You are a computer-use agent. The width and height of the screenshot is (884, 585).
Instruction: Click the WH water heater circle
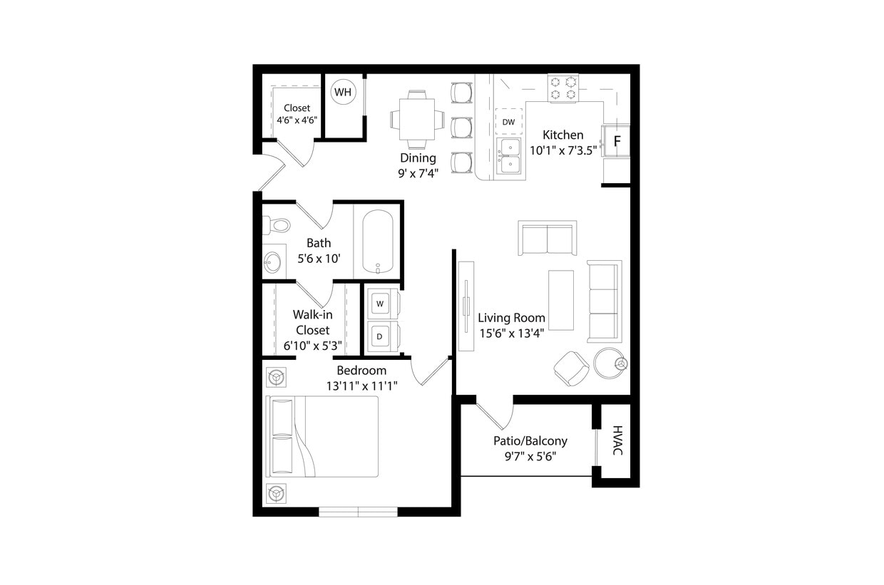point(343,93)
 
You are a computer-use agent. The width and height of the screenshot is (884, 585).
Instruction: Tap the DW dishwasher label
point(508,122)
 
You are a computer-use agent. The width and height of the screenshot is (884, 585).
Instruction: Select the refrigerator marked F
point(617,140)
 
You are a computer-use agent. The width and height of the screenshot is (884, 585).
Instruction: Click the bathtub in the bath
point(377,242)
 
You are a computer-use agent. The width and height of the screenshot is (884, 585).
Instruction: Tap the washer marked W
point(380,304)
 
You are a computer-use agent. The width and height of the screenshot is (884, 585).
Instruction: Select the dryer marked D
point(380,336)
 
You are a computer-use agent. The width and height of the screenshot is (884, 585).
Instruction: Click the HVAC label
point(617,441)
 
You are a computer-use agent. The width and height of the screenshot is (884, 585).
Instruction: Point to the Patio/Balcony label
point(530,440)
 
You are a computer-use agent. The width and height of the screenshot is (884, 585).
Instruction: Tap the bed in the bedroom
point(322,436)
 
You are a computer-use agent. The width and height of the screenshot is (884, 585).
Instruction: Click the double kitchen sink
point(509,156)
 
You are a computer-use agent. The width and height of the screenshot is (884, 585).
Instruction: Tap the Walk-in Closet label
point(312,322)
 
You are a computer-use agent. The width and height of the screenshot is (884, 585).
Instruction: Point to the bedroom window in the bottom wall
point(358,511)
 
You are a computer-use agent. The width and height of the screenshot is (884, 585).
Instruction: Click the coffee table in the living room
point(561,300)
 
